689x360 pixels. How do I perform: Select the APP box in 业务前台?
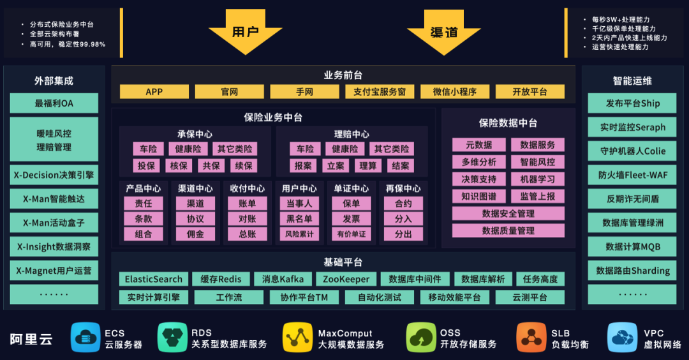point(154,92)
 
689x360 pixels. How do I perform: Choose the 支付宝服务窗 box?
point(380,92)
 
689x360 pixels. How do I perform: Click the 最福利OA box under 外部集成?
point(54,103)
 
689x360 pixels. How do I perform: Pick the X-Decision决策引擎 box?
point(54,175)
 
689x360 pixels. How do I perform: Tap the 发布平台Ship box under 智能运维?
point(632,103)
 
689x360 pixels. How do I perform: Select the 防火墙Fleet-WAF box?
point(632,175)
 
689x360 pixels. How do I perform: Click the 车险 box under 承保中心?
point(148,149)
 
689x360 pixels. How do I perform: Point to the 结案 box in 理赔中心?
point(400,165)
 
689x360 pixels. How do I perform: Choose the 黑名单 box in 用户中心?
point(299,219)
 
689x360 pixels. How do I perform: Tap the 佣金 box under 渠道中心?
point(195,234)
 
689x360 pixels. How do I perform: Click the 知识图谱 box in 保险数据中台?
point(478,197)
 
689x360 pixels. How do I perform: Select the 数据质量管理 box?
point(508,230)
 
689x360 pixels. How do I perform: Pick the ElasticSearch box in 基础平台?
point(154,280)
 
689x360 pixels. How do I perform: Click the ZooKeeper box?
point(346,280)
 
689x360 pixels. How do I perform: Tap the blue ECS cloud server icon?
point(85,338)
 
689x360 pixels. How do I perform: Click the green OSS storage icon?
point(421,338)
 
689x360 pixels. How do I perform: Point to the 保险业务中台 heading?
point(273,117)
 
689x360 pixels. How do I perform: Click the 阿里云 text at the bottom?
point(31,339)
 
